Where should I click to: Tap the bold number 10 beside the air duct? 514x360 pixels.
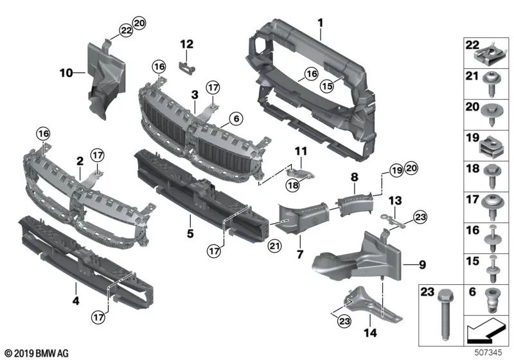pos(67,73)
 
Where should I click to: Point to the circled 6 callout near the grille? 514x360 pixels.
pos(235,118)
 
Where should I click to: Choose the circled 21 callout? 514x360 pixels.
pos(274,244)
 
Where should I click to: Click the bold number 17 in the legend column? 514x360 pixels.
pos(469,201)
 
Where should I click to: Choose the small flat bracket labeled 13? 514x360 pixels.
pos(394,221)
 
